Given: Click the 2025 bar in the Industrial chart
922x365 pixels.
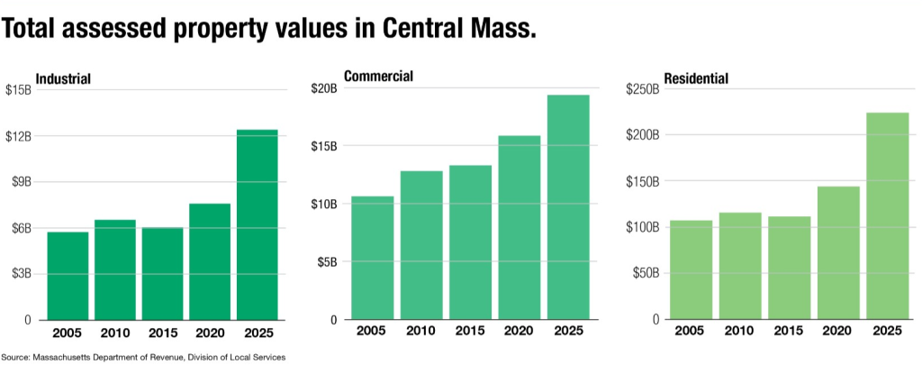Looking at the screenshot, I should [257, 224].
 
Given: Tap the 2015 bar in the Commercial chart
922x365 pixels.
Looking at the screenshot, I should [471, 242].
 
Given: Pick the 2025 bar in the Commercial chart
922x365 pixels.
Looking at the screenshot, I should [568, 207].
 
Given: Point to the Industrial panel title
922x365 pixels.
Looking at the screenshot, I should [63, 78].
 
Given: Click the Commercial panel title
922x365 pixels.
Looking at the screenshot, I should [378, 77].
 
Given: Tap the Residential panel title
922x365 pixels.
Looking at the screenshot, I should [696, 78].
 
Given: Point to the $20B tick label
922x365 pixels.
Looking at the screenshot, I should [323, 88].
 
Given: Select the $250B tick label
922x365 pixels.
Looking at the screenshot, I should [642, 89].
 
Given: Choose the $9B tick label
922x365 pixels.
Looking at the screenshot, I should [21, 182].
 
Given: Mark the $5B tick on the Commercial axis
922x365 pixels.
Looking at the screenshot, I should [327, 262].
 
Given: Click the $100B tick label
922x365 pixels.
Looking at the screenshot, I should [642, 227].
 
